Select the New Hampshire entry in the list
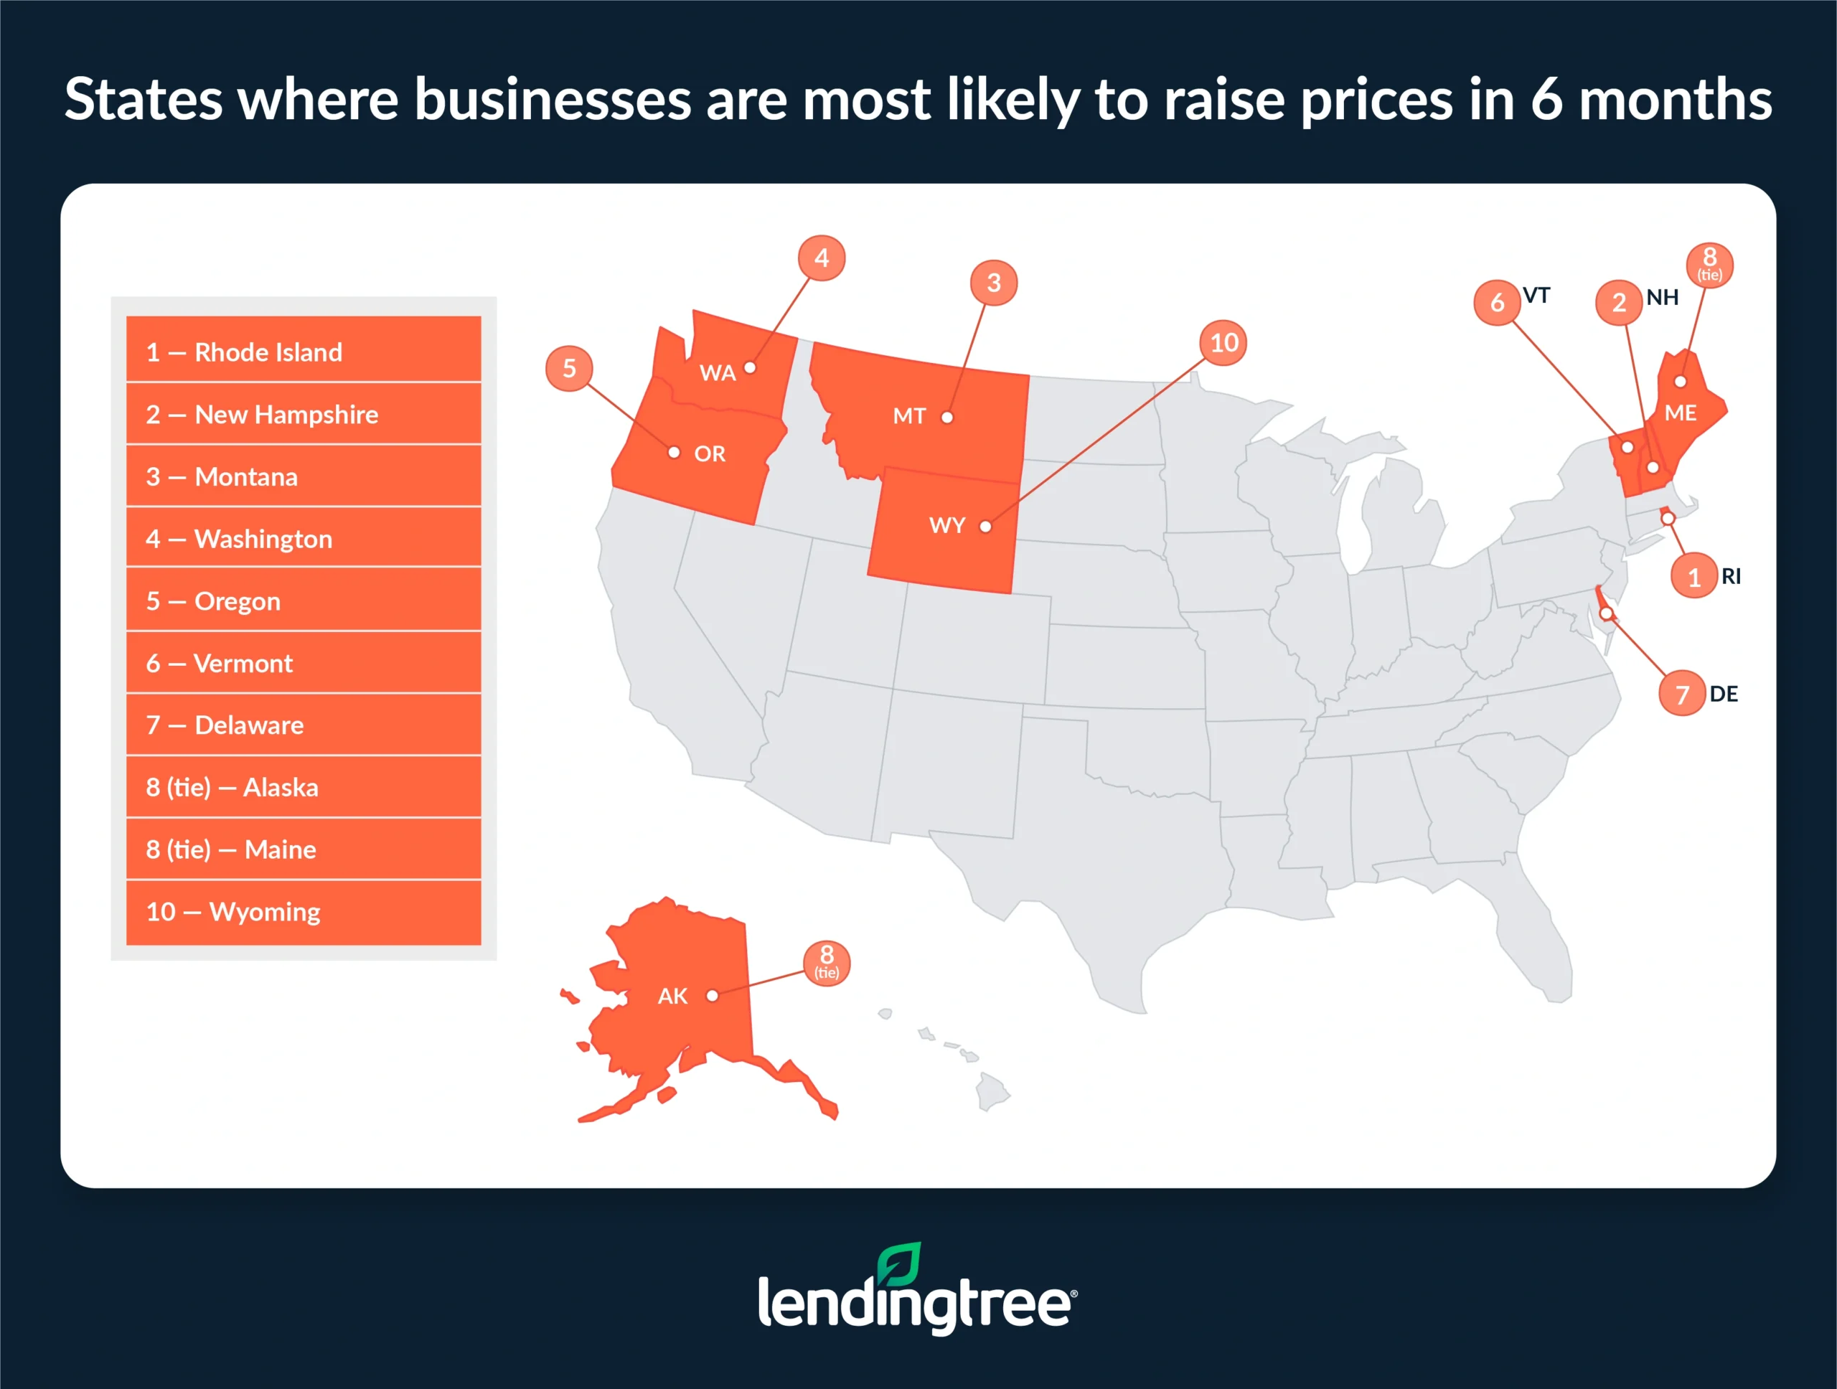[x=303, y=413]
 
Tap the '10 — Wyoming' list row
[x=303, y=912]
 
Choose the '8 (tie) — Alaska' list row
[x=303, y=787]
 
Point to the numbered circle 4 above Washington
[x=822, y=258]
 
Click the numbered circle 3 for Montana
[x=993, y=282]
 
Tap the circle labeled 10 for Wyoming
[x=1223, y=342]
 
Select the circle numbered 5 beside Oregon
[x=569, y=368]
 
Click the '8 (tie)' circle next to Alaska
[x=827, y=962]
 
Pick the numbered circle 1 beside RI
[x=1694, y=576]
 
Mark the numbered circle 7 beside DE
[x=1682, y=693]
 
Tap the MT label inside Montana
[x=908, y=416]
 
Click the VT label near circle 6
[x=1536, y=296]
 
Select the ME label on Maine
[x=1680, y=413]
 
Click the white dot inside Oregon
[x=675, y=453]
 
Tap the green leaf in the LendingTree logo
[x=901, y=1263]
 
